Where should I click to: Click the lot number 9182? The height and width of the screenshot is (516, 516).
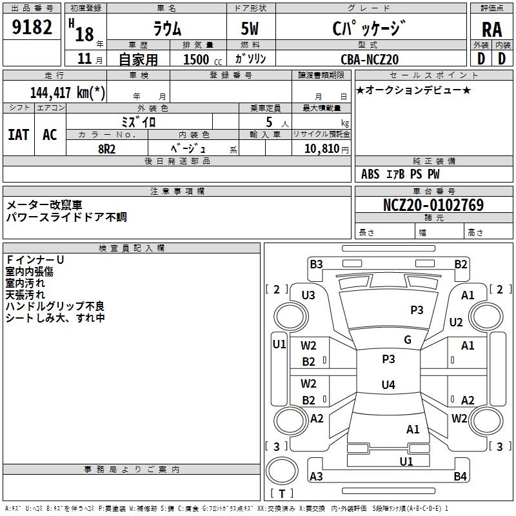(x=32, y=27)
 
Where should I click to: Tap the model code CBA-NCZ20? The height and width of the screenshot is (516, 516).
(x=370, y=59)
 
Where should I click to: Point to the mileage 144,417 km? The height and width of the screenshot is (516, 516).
(x=67, y=92)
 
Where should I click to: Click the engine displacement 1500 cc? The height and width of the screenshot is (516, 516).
(x=200, y=59)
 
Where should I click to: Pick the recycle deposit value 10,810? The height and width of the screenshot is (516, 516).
(x=321, y=148)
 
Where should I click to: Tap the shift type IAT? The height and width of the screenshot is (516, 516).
(x=18, y=135)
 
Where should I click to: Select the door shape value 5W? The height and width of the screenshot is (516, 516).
(x=251, y=30)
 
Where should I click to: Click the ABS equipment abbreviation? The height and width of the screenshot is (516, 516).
(x=370, y=174)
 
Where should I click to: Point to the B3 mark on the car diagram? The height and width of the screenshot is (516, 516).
(x=316, y=264)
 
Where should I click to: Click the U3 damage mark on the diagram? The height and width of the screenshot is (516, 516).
(x=308, y=295)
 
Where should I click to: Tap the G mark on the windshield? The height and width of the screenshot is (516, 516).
(x=407, y=340)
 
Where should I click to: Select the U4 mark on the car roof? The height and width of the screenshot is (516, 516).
(x=388, y=385)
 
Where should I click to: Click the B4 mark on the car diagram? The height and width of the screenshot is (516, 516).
(x=460, y=477)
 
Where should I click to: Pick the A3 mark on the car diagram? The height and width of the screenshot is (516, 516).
(x=316, y=477)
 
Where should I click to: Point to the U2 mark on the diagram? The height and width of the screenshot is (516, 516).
(x=456, y=322)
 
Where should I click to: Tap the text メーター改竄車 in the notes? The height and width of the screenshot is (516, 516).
(x=44, y=205)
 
